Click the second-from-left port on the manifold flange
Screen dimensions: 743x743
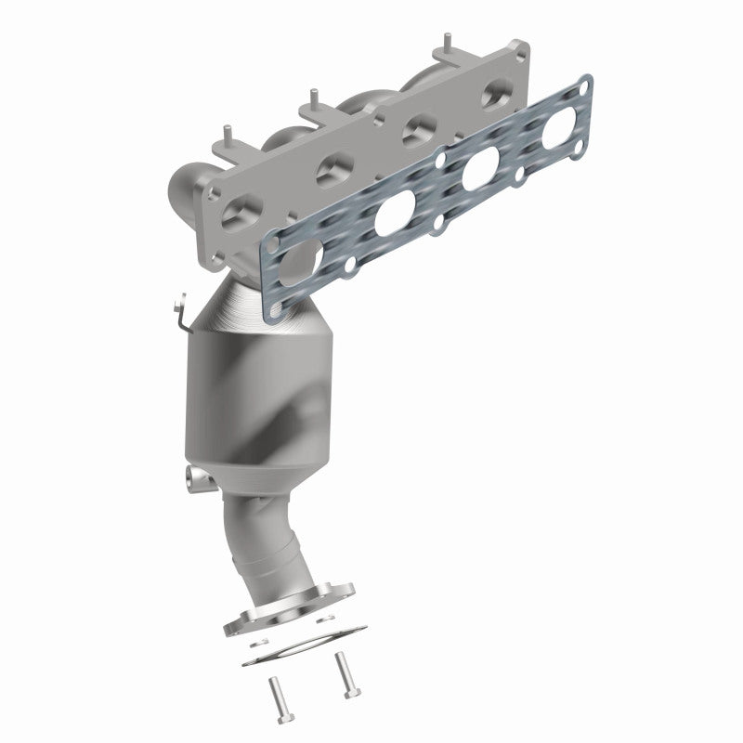pos(332,170)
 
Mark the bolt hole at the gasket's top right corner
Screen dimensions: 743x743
pos(584,86)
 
